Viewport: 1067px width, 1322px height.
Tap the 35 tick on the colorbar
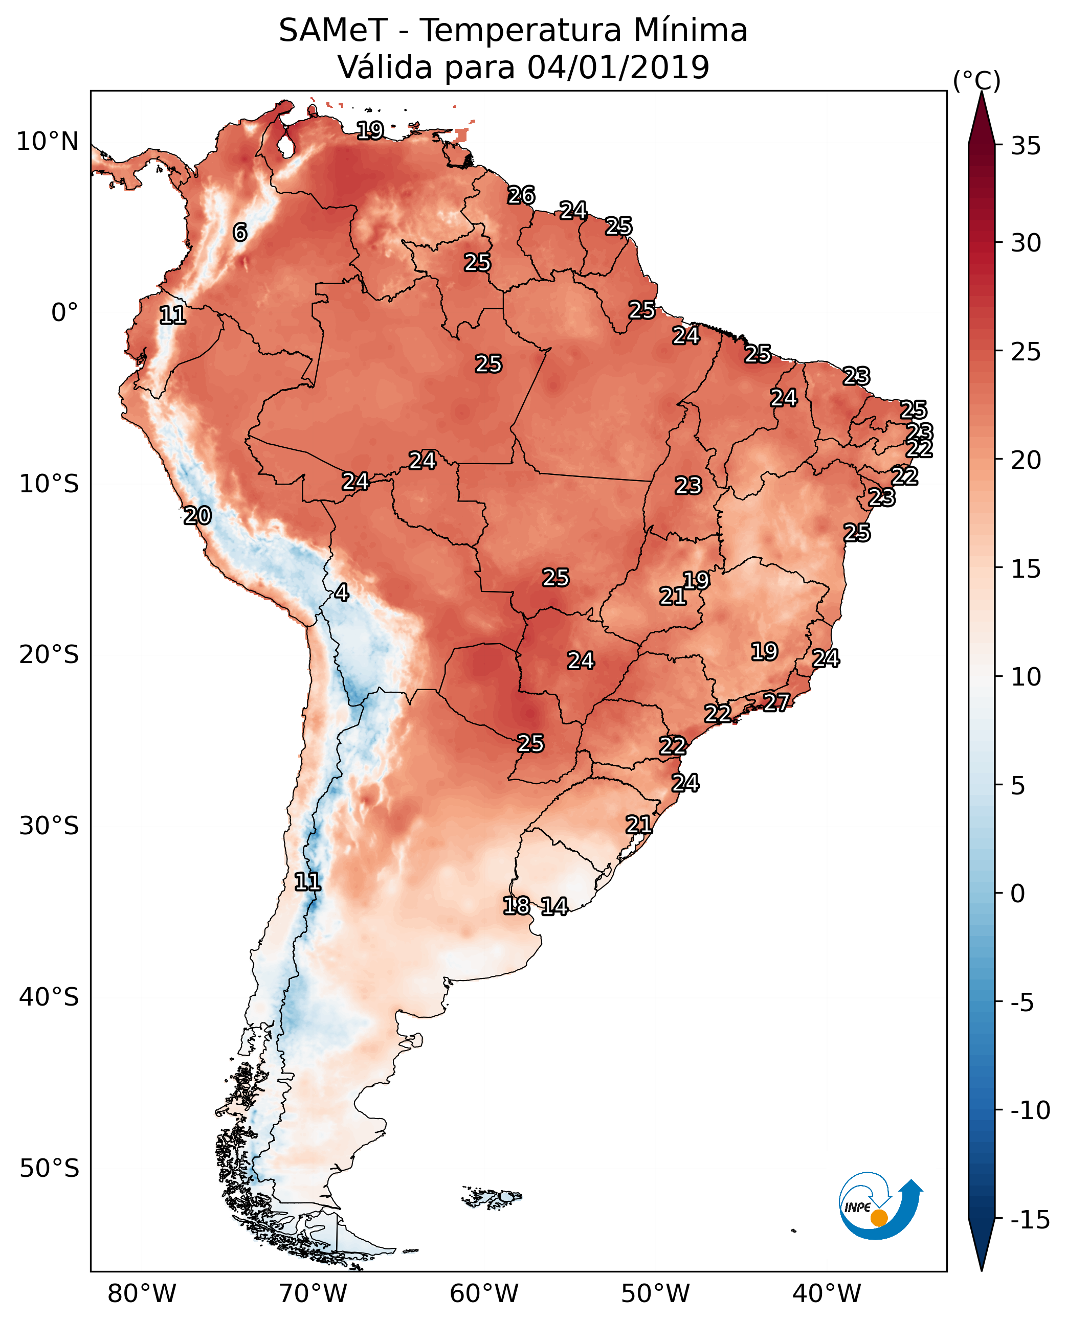pos(1026,146)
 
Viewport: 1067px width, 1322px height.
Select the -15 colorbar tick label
pos(1030,1219)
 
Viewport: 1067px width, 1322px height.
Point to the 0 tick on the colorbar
pos(1018,894)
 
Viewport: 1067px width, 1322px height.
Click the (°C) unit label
pos(976,80)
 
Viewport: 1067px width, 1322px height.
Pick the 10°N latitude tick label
pos(48,142)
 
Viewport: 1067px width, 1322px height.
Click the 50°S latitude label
pos(49,1168)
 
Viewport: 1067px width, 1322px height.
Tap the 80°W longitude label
pos(142,1294)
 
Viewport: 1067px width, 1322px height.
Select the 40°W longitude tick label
pos(827,1294)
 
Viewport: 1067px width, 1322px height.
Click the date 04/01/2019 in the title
pos(618,67)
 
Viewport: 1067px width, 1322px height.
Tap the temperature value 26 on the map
pos(521,195)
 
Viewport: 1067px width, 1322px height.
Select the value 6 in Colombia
pos(240,232)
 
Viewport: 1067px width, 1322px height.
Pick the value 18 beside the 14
pos(516,905)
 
